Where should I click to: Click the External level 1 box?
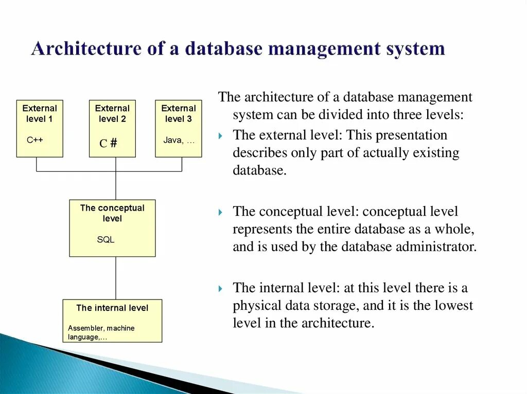pos(40,128)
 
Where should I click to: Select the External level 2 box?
pos(112,128)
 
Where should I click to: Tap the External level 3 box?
pos(178,128)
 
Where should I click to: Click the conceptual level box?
pos(112,228)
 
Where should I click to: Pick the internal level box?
pos(112,321)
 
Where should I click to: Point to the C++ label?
pos(35,140)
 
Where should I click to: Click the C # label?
pos(108,143)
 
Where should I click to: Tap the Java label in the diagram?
pos(179,140)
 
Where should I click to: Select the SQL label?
pos(106,239)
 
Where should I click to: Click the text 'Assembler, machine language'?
pos(101,332)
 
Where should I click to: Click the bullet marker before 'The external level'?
pos(221,136)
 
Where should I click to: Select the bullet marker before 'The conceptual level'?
pos(221,212)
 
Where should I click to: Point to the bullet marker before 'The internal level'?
pos(221,288)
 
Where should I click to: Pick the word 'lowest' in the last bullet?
pos(453,306)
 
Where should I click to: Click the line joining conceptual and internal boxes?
pos(116,278)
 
